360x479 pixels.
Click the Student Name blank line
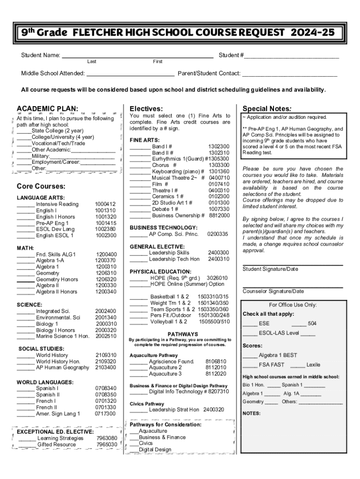click(x=138, y=55)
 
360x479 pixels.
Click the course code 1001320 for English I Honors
click(x=105, y=217)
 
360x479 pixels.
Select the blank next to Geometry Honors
click(x=26, y=279)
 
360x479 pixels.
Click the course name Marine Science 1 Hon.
click(x=63, y=336)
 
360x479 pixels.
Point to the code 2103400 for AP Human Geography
click(x=106, y=367)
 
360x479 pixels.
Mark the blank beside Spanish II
click(x=26, y=394)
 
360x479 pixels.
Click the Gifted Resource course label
click(x=57, y=444)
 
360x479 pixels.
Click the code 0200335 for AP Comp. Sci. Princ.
click(x=217, y=234)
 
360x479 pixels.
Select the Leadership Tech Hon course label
click(x=174, y=259)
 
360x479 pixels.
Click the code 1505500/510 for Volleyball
click(x=214, y=321)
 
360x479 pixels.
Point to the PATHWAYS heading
click(x=180, y=334)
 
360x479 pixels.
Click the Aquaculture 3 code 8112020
click(x=216, y=374)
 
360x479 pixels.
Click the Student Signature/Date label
click(x=270, y=269)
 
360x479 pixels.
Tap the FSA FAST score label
click(x=272, y=365)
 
